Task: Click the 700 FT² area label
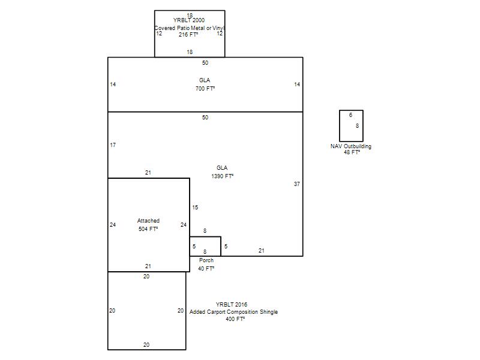coord(205,88)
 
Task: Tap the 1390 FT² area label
coord(222,176)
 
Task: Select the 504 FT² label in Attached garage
coord(148,229)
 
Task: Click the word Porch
coord(206,260)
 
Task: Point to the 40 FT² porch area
coord(206,268)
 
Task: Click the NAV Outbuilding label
coord(351,146)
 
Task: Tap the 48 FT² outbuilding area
coord(352,152)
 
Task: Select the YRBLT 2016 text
coord(232,304)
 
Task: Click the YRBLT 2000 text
coord(189,20)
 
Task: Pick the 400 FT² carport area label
coord(235,319)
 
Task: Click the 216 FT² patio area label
coord(188,35)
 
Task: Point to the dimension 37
coord(297,184)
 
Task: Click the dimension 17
coord(113,145)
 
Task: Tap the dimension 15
coord(195,208)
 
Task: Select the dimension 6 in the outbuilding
coord(351,115)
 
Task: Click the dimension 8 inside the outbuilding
coord(357,126)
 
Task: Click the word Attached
coord(148,220)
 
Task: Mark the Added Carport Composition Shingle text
coord(233,311)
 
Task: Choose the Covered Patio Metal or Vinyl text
coord(190,28)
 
